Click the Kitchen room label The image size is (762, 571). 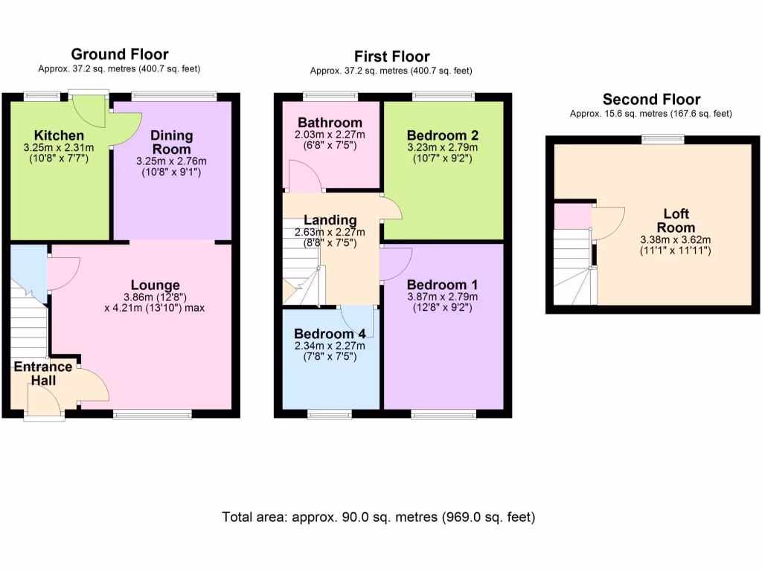[59, 135]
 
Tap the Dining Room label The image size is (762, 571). [172, 141]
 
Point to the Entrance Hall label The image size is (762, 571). [43, 373]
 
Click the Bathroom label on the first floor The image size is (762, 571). [330, 122]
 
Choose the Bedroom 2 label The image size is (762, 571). [442, 135]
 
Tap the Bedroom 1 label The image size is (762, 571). [442, 285]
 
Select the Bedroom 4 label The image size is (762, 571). [329, 333]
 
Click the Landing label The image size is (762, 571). [330, 220]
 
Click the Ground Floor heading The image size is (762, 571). [120, 54]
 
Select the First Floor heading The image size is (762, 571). [391, 57]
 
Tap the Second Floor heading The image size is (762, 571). [651, 100]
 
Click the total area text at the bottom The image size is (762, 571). [379, 517]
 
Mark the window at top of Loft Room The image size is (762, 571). [663, 138]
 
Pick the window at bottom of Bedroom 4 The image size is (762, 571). [330, 414]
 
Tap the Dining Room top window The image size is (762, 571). [174, 95]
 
